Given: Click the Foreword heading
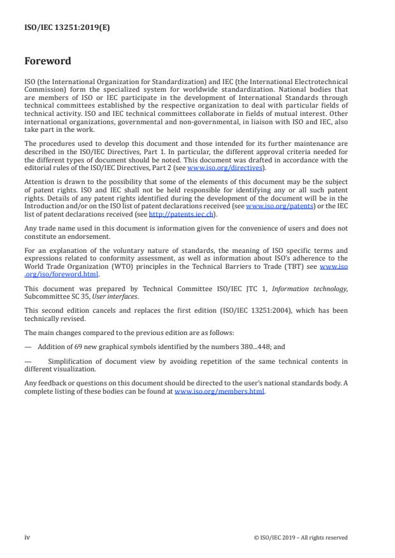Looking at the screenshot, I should click(48, 61).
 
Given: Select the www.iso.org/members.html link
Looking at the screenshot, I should click(219, 392).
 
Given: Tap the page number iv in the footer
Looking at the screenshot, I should click(27, 537).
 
